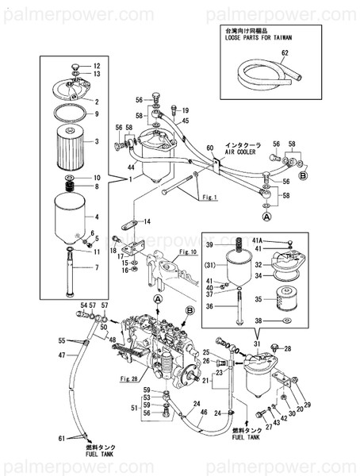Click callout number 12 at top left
click(x=98, y=65)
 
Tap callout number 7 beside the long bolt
click(x=98, y=267)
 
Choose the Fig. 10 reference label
click(x=187, y=251)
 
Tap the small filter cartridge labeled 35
click(x=288, y=302)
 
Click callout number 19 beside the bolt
click(x=185, y=110)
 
